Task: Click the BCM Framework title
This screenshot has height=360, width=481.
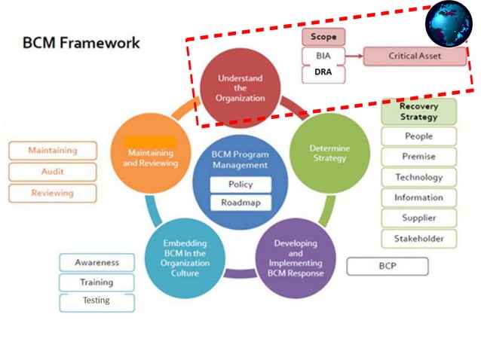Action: coord(81,42)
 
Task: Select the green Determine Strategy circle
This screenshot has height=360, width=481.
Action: coord(329,153)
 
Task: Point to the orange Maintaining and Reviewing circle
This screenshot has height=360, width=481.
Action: coord(153,157)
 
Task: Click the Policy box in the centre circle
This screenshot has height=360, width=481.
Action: coord(240,185)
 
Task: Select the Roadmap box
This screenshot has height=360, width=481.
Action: coord(240,203)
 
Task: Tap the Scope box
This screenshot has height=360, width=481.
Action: coord(323,37)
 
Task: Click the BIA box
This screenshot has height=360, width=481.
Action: coord(323,56)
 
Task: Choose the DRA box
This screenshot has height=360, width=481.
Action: coord(323,75)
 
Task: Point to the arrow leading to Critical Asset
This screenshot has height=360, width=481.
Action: coord(354,56)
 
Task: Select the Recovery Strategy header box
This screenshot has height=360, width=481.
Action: coord(418,111)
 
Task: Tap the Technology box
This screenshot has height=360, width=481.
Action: coord(418,178)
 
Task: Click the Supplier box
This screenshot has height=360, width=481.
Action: coord(418,218)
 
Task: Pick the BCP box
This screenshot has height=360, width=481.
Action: coord(387,267)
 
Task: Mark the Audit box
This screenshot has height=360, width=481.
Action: coord(53,172)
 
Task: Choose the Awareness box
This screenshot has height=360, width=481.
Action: coord(97,263)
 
